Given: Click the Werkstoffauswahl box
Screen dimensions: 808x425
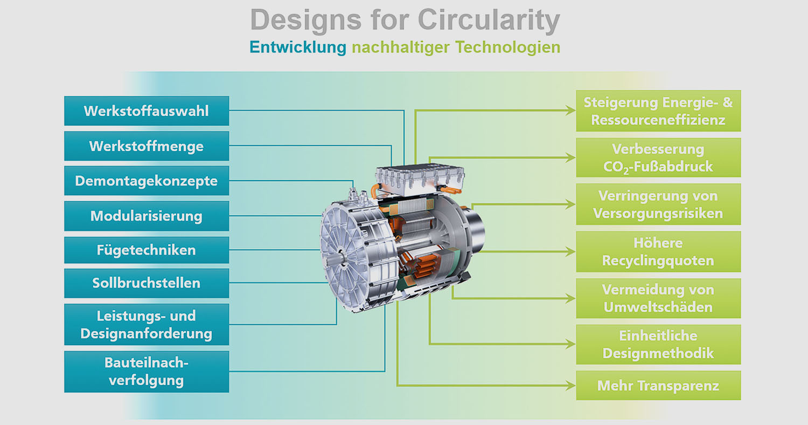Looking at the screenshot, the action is point(147,111).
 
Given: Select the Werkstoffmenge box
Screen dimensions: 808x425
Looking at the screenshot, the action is point(147,146).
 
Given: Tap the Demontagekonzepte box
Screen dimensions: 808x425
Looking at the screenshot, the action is point(147,181).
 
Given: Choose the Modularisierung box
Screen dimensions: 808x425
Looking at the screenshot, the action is point(147,216).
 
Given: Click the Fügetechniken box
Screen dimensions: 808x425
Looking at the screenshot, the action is point(147,250).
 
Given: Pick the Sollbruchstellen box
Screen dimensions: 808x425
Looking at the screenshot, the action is point(147,283).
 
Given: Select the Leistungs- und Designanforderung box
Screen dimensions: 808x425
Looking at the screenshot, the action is point(147,324).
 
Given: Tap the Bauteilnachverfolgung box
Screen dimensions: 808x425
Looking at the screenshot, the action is point(147,372).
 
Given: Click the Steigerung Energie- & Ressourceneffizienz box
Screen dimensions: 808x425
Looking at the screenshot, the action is point(658,111).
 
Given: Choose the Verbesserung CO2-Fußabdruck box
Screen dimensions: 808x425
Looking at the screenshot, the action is point(658,157).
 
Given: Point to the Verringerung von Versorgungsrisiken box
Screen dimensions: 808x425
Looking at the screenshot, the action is point(658,204).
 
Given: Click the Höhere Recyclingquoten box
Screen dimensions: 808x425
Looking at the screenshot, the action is point(658,252).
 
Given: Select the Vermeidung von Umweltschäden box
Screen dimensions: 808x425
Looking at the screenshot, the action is point(658,298).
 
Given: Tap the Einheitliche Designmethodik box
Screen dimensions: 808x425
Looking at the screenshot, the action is point(658,345).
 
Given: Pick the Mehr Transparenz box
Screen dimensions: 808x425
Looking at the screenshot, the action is point(658,385).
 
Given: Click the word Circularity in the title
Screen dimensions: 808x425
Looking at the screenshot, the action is point(489,20).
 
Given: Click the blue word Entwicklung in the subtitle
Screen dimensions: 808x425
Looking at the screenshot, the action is point(298,47).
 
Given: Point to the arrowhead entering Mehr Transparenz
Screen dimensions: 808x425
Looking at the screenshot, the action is point(570,385).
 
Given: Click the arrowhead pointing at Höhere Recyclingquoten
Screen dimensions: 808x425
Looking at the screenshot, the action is point(570,251).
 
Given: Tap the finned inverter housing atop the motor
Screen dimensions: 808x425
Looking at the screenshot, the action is point(420,180).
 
